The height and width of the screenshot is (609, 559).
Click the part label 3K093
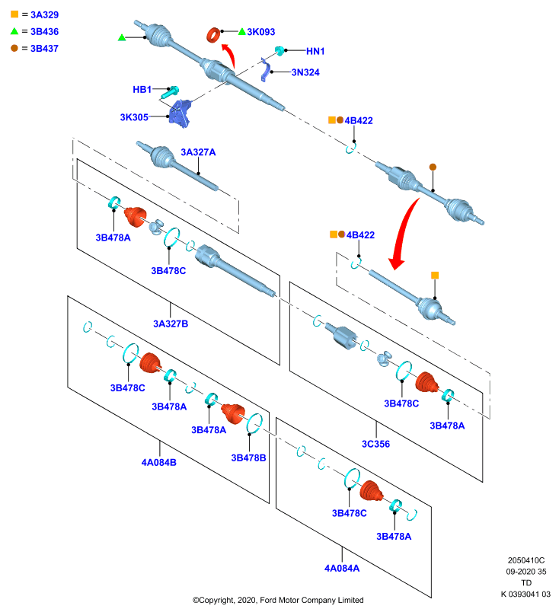click(x=260, y=32)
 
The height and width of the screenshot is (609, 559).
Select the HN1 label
click(x=315, y=51)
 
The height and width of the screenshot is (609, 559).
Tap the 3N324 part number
click(x=305, y=72)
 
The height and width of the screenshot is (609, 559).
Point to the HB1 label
click(x=142, y=90)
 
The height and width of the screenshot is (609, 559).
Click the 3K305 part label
click(x=134, y=117)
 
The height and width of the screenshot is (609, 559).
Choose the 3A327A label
click(x=198, y=152)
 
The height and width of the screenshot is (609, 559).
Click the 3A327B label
click(x=171, y=324)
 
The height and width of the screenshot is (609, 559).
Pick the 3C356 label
click(x=375, y=444)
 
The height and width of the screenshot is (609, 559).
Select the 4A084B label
click(x=159, y=463)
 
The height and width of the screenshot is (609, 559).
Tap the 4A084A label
click(x=342, y=569)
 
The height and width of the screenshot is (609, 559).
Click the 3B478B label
click(x=248, y=458)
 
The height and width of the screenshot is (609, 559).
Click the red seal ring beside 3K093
click(x=213, y=35)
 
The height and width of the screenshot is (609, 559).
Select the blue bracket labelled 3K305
click(x=180, y=113)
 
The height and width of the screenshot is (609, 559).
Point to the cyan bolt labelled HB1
click(x=170, y=92)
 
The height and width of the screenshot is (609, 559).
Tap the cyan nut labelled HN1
click(x=279, y=50)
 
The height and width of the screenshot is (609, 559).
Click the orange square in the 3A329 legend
click(x=14, y=14)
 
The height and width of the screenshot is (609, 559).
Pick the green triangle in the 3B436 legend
click(x=14, y=31)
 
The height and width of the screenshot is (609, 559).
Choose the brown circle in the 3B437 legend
click(x=14, y=48)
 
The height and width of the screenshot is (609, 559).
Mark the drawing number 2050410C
click(x=526, y=560)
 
